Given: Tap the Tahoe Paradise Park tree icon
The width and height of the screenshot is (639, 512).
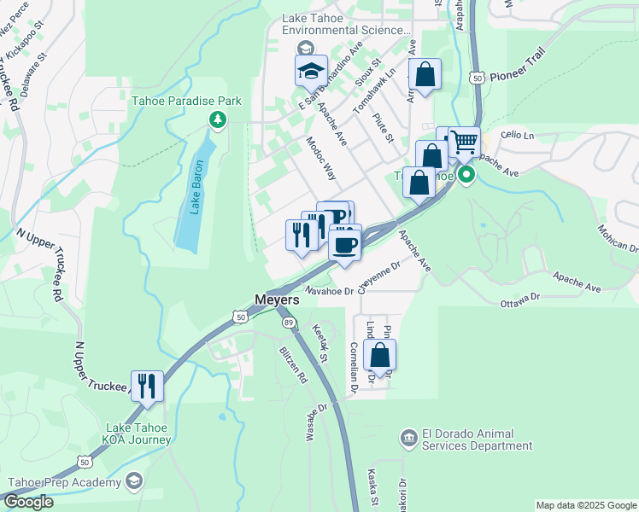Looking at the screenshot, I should [218, 119].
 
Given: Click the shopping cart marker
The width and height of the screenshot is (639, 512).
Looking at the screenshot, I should [464, 142].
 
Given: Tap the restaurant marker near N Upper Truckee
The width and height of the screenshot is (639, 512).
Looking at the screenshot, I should [147, 385].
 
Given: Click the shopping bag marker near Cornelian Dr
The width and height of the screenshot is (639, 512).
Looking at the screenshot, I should [380, 355].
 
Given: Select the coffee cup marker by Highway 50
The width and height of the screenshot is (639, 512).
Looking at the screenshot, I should [345, 245].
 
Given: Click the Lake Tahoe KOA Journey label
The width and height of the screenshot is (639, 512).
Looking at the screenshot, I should [138, 434].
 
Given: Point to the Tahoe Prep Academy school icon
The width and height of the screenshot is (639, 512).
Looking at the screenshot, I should [132, 482].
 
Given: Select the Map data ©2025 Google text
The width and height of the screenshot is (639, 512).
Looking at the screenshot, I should [585, 505].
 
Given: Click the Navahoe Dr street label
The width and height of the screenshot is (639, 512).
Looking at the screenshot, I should [329, 291].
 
